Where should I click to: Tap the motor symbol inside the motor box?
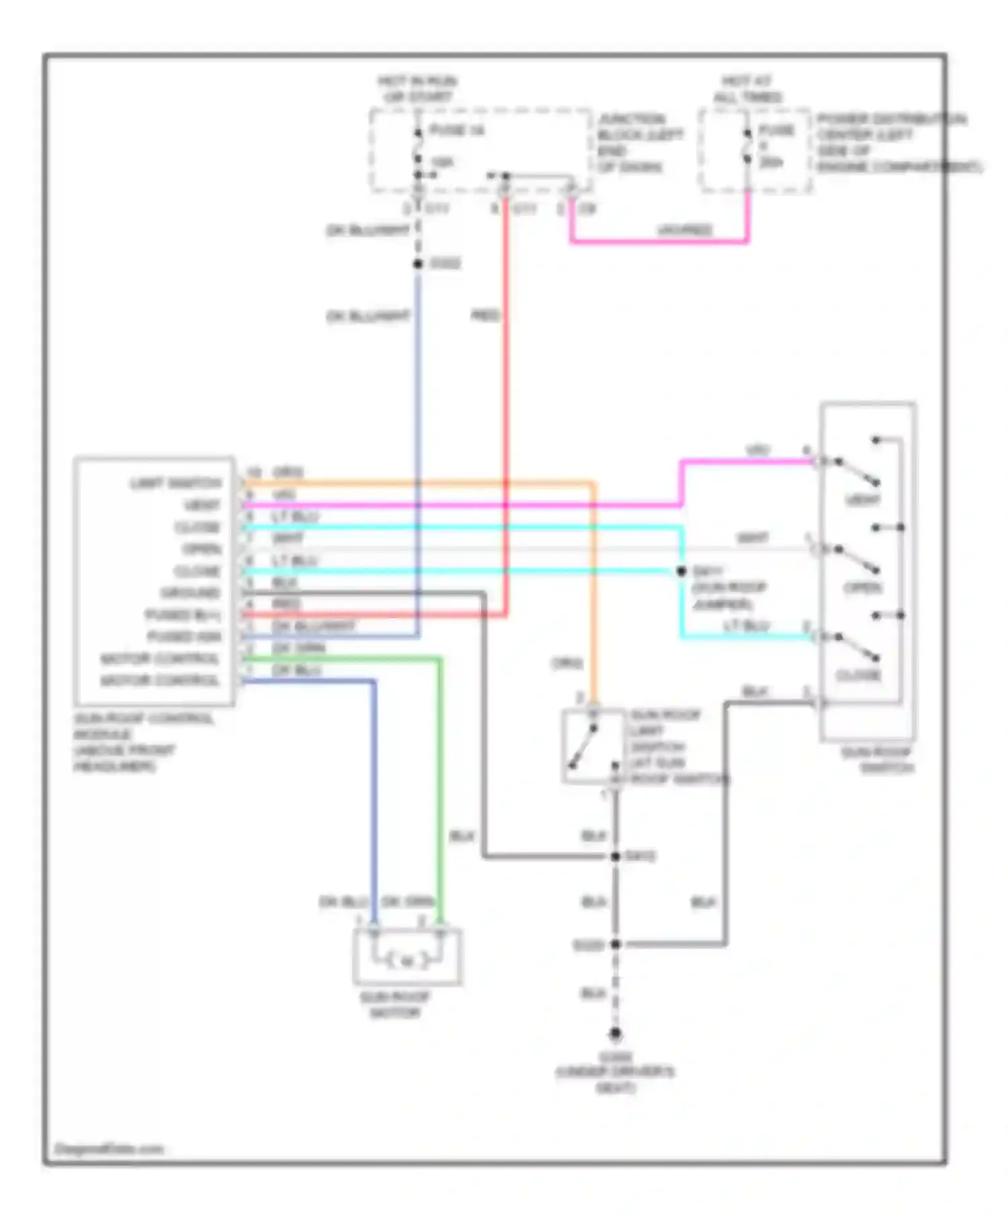(407, 962)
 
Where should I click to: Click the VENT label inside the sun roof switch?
(862, 500)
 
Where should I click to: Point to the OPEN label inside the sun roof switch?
(862, 588)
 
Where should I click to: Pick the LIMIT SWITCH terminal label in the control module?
(175, 484)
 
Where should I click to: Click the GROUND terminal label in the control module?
(190, 593)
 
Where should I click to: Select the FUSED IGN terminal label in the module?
(184, 636)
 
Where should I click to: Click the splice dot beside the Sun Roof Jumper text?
(681, 571)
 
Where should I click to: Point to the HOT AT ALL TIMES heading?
(747, 89)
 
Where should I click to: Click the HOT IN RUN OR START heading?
(417, 89)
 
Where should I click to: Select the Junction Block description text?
(639, 142)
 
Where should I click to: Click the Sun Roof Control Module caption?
(142, 743)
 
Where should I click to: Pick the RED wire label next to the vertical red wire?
(485, 315)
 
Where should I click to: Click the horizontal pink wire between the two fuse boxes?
(659, 241)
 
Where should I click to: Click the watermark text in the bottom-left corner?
(109, 1149)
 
